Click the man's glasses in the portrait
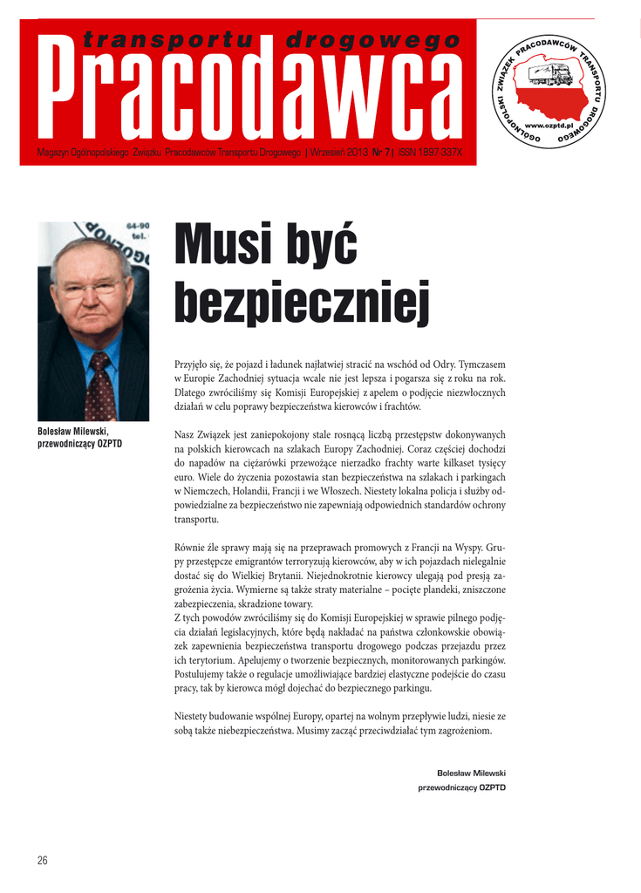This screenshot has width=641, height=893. click(x=91, y=288)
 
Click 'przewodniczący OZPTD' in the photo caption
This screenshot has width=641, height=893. click(x=80, y=444)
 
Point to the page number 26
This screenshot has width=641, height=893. click(x=42, y=861)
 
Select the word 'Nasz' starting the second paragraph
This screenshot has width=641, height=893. click(x=185, y=434)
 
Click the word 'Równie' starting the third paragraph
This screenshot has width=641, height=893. click(x=191, y=548)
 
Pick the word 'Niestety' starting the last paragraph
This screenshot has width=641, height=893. click(x=194, y=717)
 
